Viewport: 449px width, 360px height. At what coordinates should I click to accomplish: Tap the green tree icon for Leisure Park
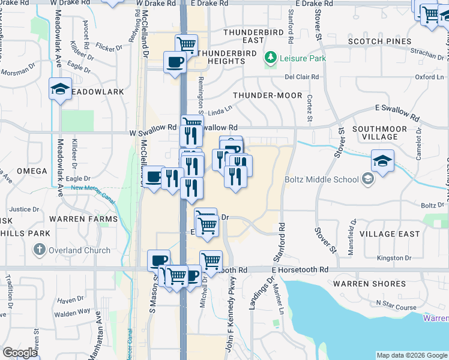tap(271, 58)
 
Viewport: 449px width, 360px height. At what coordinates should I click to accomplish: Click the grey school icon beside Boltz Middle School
tap(367, 179)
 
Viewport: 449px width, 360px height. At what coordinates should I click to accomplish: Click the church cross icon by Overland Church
tap(40, 250)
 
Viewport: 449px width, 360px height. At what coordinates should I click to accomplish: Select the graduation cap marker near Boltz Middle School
tap(382, 161)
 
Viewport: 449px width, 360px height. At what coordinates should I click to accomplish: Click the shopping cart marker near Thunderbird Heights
tap(187, 44)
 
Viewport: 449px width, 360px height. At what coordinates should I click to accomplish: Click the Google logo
tap(20, 353)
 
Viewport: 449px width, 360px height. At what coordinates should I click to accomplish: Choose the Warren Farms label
tap(83, 219)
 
